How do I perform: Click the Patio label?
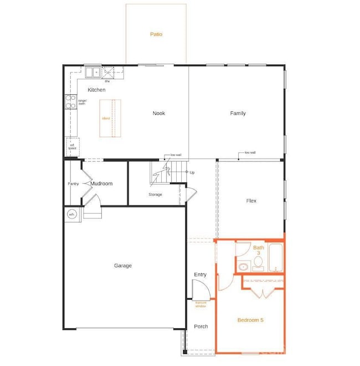(x=156, y=34)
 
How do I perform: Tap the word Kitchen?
(x=96, y=90)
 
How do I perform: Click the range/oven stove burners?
(x=71, y=101)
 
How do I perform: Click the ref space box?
(x=71, y=146)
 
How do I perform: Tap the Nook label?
(x=159, y=114)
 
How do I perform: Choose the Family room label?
(x=238, y=114)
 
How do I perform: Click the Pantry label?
(x=73, y=184)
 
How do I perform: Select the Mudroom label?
(x=101, y=184)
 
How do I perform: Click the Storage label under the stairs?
(x=155, y=195)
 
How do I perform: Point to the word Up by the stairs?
(x=192, y=172)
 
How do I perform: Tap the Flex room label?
(x=251, y=201)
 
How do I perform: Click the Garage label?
(x=123, y=266)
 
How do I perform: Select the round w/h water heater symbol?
(x=71, y=214)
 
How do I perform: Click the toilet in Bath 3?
(x=243, y=266)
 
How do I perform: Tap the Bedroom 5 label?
(x=250, y=320)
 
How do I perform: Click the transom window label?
(x=200, y=304)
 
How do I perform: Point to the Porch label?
(x=201, y=326)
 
